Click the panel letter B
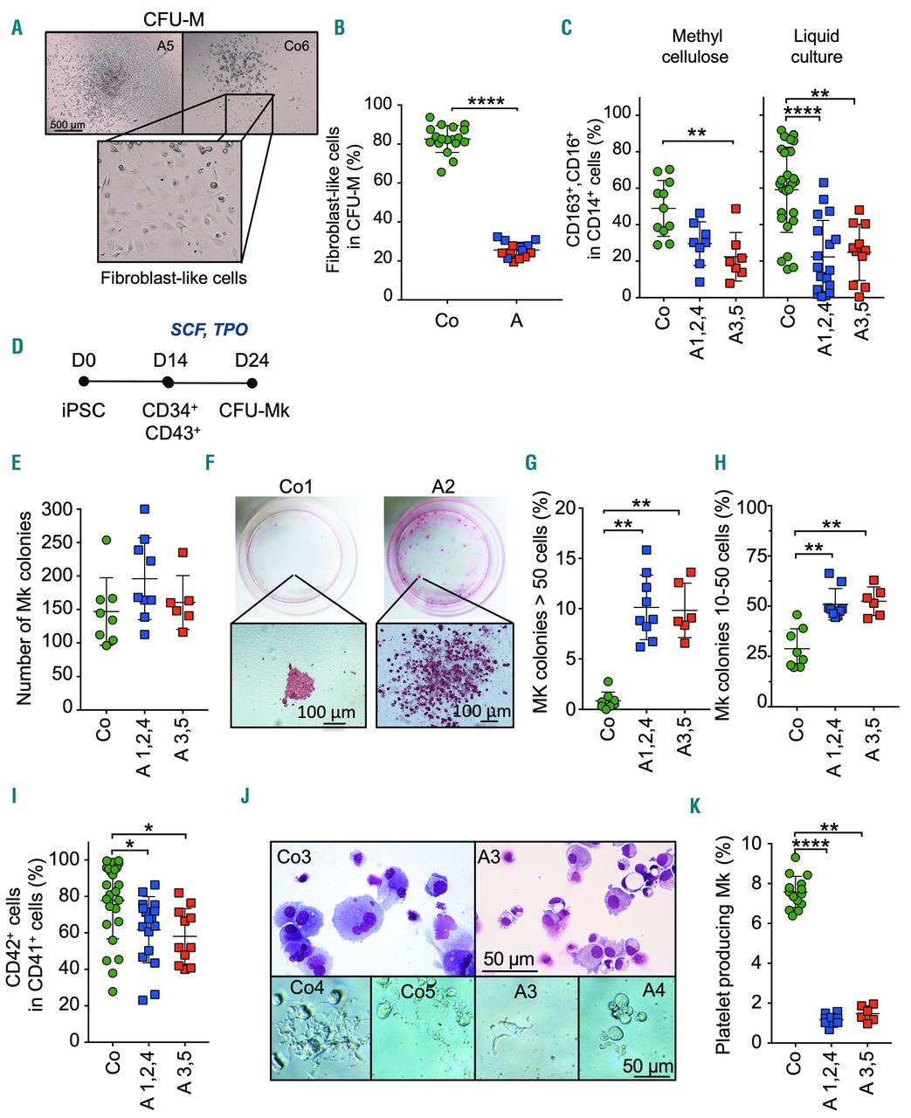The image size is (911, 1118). pyautogui.click(x=339, y=27)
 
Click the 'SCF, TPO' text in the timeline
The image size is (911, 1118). pyautogui.click(x=209, y=330)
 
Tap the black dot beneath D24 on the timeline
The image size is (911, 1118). pyautogui.click(x=252, y=383)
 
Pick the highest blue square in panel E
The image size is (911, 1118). pyautogui.click(x=145, y=509)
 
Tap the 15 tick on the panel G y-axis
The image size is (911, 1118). pyautogui.click(x=567, y=558)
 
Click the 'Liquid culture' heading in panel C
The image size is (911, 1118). pyautogui.click(x=817, y=47)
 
